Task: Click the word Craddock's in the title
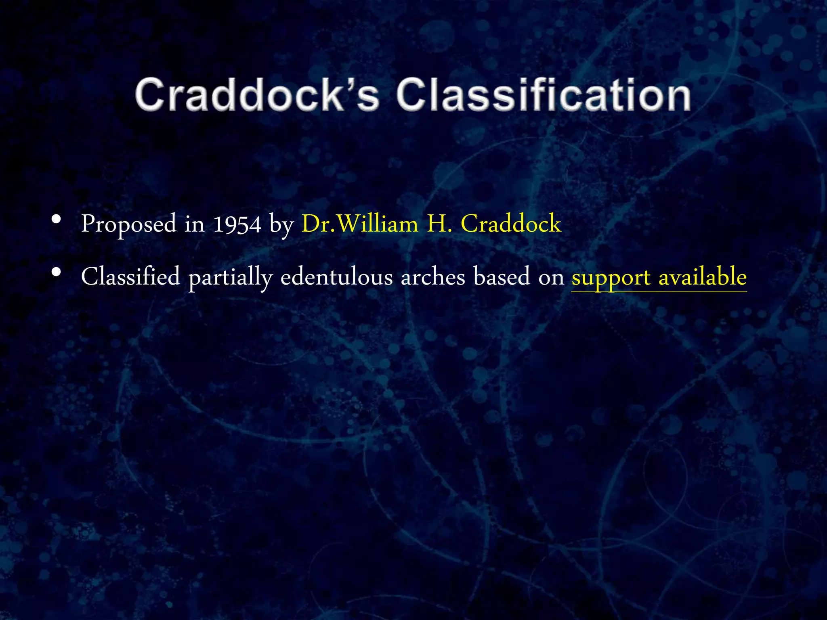coord(257,94)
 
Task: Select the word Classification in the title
coord(544,94)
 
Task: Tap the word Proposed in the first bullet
coord(129,224)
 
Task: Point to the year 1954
coord(237,224)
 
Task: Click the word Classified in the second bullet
coord(130,277)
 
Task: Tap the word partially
coord(230,278)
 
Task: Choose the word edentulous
coord(336,277)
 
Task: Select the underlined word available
coord(703,277)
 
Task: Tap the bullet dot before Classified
coord(57,273)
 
